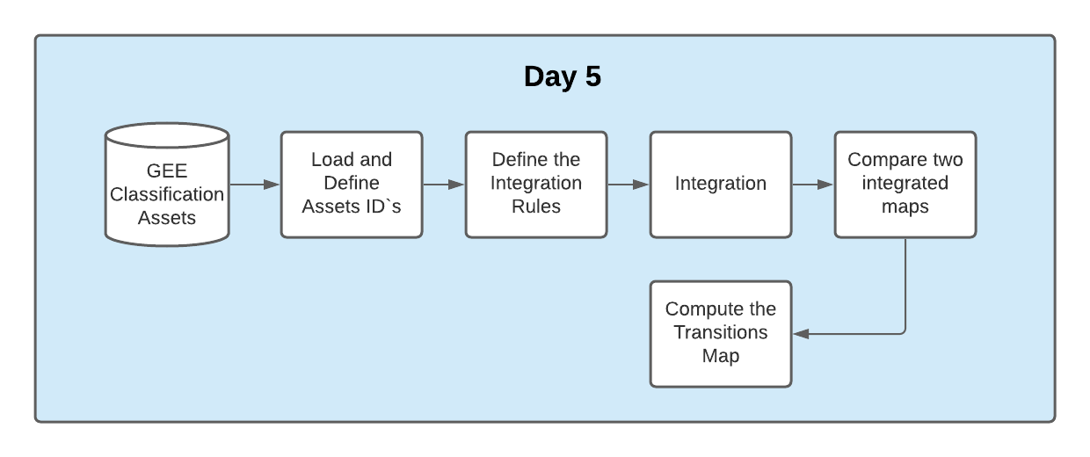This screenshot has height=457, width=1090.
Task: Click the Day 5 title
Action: pos(563,76)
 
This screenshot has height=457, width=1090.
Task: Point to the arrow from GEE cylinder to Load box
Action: pos(254,185)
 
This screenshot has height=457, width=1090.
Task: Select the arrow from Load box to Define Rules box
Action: pos(444,185)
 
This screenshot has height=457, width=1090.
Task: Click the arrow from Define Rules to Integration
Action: pos(629,185)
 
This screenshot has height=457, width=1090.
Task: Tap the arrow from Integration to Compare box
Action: pos(813,185)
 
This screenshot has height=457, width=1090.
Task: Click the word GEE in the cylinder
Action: pos(167,170)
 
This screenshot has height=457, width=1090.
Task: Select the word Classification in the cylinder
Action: pos(167,193)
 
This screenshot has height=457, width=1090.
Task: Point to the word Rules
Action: pos(536,207)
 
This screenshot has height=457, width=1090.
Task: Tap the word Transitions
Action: pos(721,332)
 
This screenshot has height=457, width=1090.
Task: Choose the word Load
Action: pos(332,160)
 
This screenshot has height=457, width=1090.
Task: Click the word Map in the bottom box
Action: pos(721,356)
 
